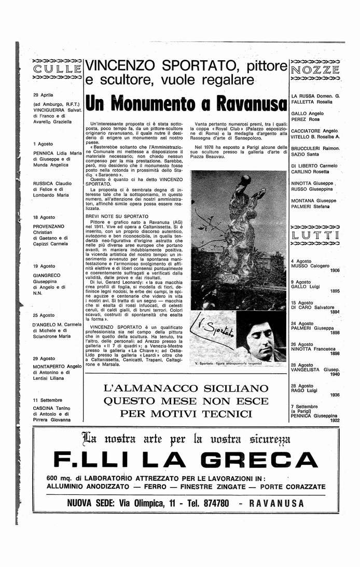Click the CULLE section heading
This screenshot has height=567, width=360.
coord(57,68)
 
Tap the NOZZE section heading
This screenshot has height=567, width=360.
coord(315,69)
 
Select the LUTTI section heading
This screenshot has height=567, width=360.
coord(315,236)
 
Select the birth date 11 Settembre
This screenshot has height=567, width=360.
coord(47,400)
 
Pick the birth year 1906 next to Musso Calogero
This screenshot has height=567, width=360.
coord(335,270)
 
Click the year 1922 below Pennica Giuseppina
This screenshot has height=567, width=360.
coord(335,420)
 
